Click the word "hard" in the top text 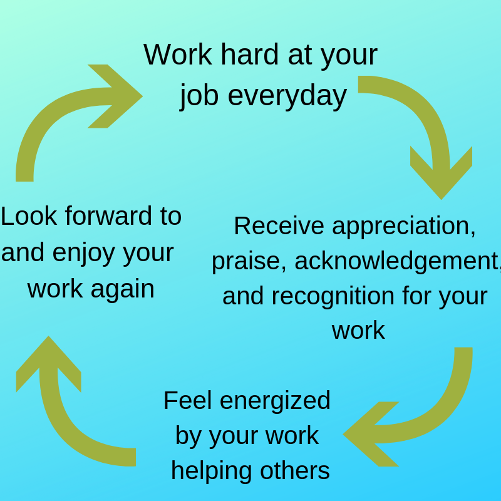(250, 54)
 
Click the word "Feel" (187, 400)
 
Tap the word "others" (295, 471)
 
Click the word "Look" (29, 216)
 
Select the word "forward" (108, 216)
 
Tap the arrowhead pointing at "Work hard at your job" (116, 96)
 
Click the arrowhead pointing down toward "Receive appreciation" (442, 173)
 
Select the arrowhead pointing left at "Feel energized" (371, 434)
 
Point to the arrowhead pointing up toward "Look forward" (49, 363)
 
